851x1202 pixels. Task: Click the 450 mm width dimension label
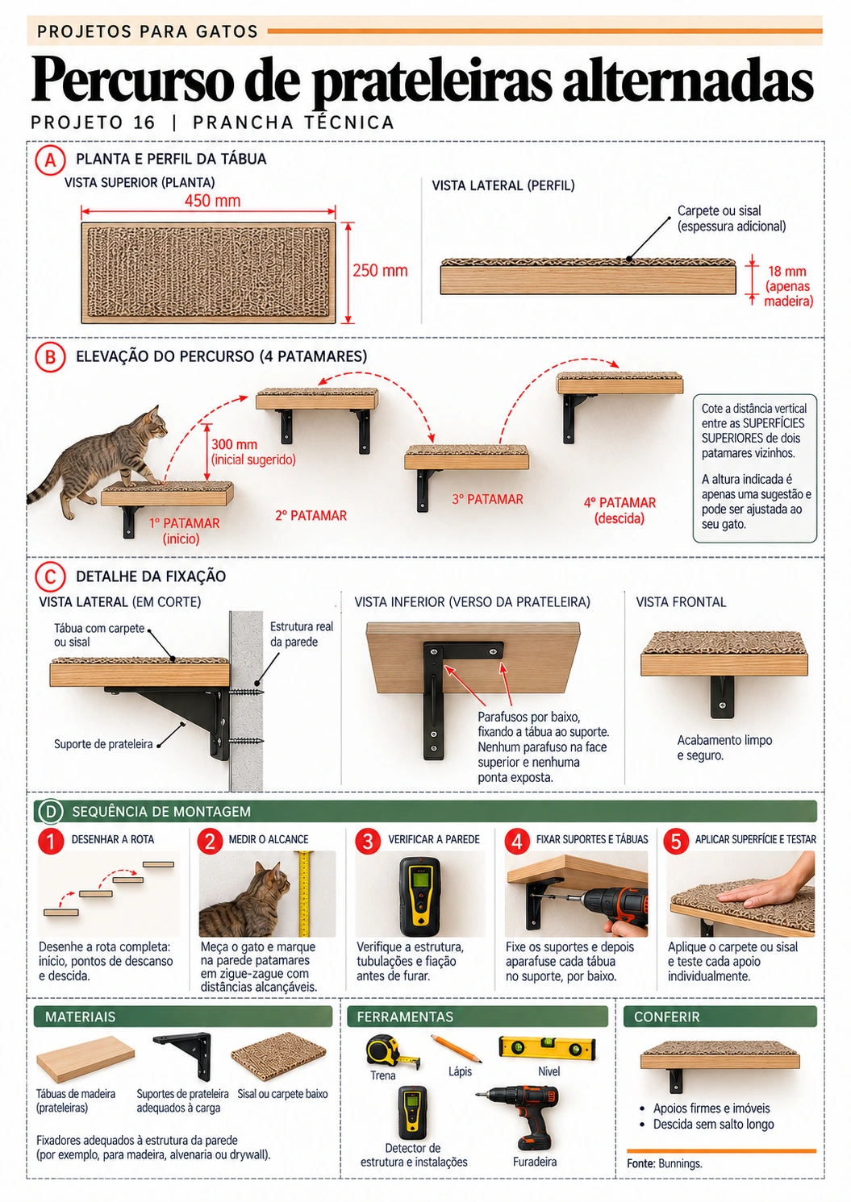click(213, 202)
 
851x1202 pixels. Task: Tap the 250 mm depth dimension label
click(380, 270)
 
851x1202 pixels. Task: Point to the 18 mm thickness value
click(786, 271)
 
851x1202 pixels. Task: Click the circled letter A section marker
click(50, 160)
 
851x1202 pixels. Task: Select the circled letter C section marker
click(50, 577)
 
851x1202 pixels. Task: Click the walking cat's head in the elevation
click(155, 422)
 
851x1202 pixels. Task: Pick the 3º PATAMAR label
click(487, 499)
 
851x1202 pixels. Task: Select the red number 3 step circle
click(368, 841)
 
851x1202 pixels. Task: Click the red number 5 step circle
click(677, 841)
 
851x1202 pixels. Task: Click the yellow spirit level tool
click(547, 1047)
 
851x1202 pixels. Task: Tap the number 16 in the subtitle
click(144, 123)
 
